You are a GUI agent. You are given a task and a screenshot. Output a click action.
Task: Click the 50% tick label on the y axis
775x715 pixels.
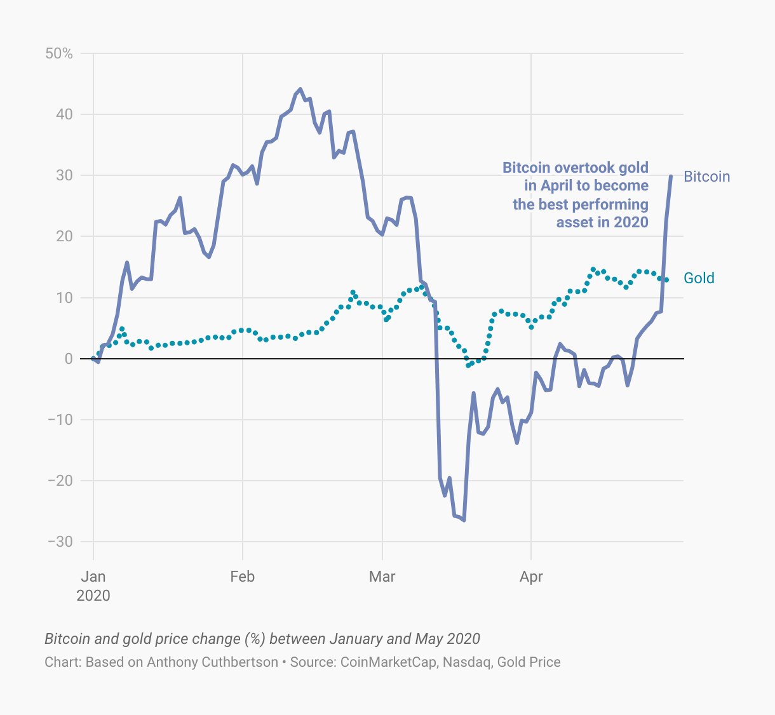click(59, 53)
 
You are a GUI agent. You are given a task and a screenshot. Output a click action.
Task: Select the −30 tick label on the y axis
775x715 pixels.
click(60, 542)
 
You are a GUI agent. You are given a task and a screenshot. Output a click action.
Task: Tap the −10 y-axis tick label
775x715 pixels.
click(60, 420)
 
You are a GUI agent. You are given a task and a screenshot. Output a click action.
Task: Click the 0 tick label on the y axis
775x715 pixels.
click(69, 359)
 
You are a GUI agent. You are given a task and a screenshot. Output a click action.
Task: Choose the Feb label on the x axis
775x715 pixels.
click(242, 577)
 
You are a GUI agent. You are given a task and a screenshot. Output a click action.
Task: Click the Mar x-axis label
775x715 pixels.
click(382, 577)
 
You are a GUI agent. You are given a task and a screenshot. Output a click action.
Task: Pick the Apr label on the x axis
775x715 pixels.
click(531, 577)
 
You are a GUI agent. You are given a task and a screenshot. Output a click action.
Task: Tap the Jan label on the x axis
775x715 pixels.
click(93, 577)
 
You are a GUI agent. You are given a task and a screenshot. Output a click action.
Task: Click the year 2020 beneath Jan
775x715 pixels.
click(93, 596)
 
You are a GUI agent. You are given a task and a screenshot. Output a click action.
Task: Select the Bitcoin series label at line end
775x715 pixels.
click(706, 177)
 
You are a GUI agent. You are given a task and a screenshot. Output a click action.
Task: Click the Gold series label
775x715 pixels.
click(699, 278)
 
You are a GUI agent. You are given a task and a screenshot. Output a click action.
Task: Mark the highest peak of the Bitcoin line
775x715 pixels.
click(300, 89)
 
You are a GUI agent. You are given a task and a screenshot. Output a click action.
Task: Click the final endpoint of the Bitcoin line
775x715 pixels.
click(671, 176)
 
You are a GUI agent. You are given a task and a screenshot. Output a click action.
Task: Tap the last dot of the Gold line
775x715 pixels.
click(666, 280)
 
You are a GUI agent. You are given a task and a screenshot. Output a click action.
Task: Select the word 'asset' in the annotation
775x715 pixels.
click(575, 222)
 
